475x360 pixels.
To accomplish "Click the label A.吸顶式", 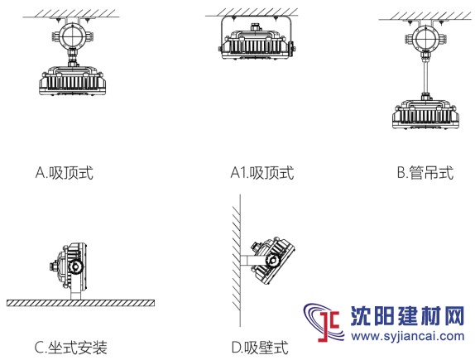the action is pos(65,173).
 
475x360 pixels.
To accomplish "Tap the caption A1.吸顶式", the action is pos(262,173).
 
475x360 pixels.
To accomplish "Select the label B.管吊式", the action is pos(425,173).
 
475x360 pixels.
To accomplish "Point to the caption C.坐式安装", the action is pos(71,348).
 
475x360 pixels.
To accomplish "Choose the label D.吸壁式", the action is pos(260,348).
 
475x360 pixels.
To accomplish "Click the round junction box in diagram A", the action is pos(73,36).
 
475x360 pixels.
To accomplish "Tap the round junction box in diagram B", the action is pos(426,39).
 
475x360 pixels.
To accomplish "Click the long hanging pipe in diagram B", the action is pos(425,76).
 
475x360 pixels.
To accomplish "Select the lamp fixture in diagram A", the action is pos(72,81).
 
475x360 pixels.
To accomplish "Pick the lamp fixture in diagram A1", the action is pos(257,45).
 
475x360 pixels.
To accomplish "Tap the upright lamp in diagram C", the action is pos(70,266).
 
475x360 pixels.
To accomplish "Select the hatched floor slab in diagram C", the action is pos(80,303).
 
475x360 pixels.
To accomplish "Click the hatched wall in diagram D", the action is pos(237,261).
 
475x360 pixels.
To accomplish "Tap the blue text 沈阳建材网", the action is pos(407,316).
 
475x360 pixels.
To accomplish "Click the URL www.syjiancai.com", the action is pos(408,336).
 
